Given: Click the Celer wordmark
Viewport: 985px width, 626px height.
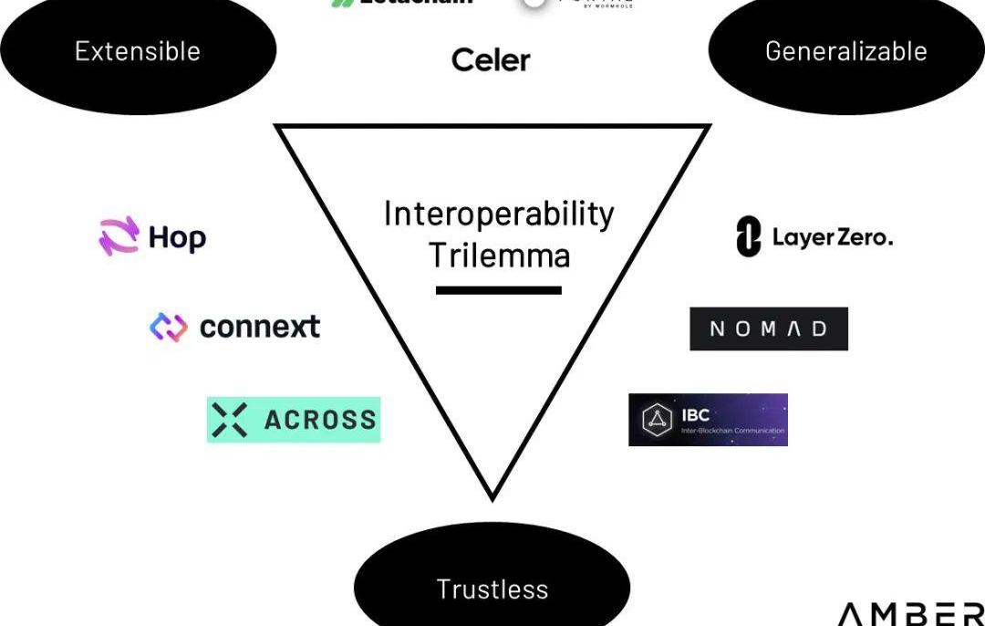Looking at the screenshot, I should pyautogui.click(x=491, y=61).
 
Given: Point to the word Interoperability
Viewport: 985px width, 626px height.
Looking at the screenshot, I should pyautogui.click(x=498, y=214).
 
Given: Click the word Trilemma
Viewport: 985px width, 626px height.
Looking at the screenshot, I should pyautogui.click(x=499, y=255).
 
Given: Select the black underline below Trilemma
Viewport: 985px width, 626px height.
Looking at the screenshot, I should pyautogui.click(x=498, y=290).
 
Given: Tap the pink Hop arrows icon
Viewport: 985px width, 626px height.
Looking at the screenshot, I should pyautogui.click(x=119, y=236).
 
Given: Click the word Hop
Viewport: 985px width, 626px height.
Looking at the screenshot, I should pyautogui.click(x=177, y=238).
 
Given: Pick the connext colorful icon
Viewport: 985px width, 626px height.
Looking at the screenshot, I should pyautogui.click(x=169, y=327).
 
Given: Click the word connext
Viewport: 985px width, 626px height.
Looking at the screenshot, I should pyautogui.click(x=260, y=327).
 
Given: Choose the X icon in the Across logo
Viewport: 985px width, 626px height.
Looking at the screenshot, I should pyautogui.click(x=229, y=420).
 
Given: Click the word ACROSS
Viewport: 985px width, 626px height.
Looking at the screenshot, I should pyautogui.click(x=320, y=420).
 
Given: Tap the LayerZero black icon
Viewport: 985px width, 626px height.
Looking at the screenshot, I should pyautogui.click(x=748, y=237).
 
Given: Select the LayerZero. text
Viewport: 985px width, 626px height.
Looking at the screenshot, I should pyautogui.click(x=833, y=238).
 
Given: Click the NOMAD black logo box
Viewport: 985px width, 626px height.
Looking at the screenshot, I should pyautogui.click(x=768, y=329).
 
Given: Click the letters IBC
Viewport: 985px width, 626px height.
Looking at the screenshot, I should pyautogui.click(x=695, y=415).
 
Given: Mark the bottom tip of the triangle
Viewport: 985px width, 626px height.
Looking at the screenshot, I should pyautogui.click(x=493, y=498).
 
